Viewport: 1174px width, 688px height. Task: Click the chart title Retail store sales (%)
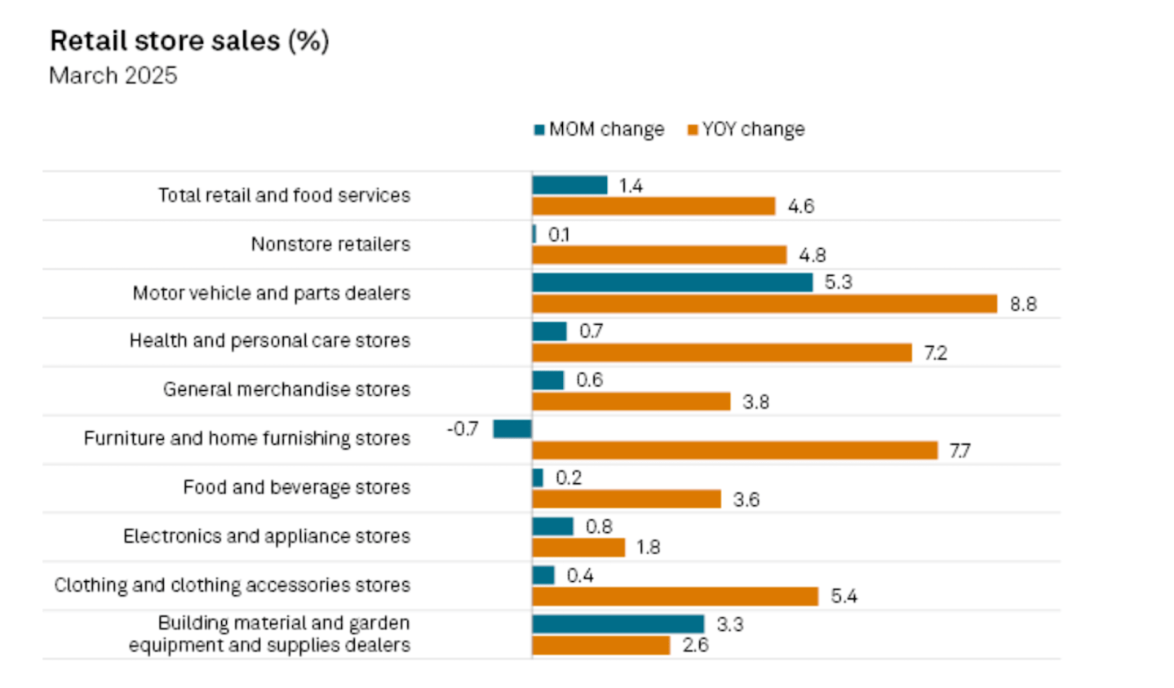189,41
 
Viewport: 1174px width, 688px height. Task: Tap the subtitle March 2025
113,76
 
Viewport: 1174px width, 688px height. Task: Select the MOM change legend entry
599,130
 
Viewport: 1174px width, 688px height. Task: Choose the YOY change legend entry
746,130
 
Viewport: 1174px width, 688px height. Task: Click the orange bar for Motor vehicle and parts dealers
764,304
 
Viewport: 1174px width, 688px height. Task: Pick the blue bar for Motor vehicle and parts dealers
672,282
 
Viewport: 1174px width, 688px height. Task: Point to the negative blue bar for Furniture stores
512,428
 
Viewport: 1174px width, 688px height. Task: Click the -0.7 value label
463,428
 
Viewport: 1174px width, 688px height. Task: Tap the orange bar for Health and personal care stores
722,353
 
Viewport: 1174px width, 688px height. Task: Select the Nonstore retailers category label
330,244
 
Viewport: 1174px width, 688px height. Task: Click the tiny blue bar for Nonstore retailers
534,234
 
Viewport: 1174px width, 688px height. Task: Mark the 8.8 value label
1023,304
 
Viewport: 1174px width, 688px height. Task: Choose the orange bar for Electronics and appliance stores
578,547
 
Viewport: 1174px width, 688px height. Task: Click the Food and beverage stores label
296,487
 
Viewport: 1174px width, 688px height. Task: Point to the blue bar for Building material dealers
618,624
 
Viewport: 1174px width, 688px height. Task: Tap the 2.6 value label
695,646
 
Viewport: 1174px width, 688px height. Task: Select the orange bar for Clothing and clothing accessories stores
675,597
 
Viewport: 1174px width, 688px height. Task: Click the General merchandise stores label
286,389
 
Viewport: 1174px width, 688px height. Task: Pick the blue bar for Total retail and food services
569,185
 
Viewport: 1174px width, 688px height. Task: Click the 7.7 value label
959,451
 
